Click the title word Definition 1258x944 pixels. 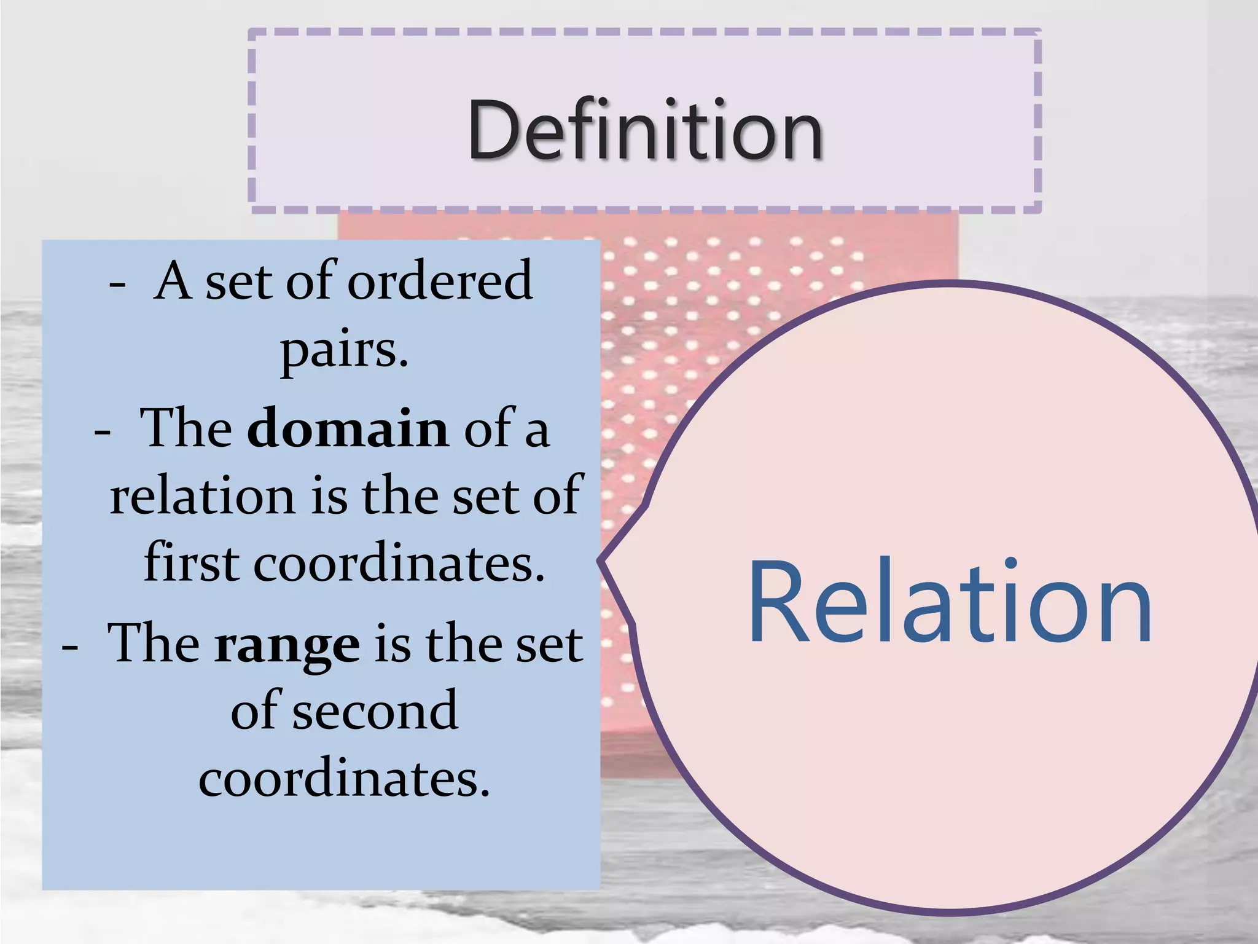pyautogui.click(x=644, y=130)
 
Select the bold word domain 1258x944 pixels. pyautogui.click(x=348, y=428)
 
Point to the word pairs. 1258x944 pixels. pyautogui.click(x=344, y=350)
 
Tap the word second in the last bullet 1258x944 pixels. pyautogui.click(x=375, y=711)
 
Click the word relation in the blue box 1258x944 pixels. pyautogui.click(x=203, y=495)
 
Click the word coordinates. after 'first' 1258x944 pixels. pyautogui.click(x=399, y=562)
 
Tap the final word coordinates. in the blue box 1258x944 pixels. pyautogui.click(x=344, y=779)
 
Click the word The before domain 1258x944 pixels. pyautogui.click(x=186, y=428)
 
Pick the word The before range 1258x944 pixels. pyautogui.click(x=153, y=644)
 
